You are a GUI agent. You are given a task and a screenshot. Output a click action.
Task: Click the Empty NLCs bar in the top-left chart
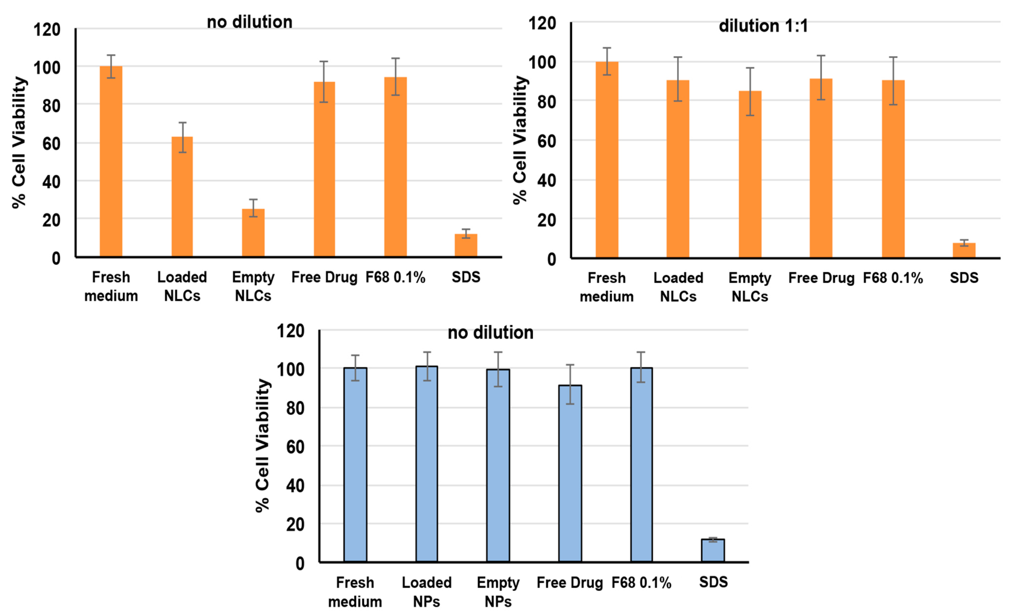[253, 233]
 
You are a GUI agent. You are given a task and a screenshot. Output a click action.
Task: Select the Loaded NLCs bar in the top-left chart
[182, 196]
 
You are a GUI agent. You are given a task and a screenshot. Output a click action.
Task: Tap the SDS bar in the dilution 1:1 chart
[964, 250]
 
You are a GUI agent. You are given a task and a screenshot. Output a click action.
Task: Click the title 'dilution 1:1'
[763, 26]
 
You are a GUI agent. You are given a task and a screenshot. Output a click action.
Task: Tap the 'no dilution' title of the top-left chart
[249, 22]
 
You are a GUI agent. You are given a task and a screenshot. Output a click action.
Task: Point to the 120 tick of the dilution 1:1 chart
[542, 23]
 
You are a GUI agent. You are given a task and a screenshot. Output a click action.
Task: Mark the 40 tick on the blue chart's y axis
[295, 486]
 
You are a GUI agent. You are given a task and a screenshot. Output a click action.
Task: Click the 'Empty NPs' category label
[498, 592]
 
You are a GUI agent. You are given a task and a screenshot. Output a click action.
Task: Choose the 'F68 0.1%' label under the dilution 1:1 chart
[893, 278]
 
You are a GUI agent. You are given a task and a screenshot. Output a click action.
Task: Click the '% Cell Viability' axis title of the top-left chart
[19, 143]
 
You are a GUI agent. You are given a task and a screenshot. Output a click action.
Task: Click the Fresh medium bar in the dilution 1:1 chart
[606, 160]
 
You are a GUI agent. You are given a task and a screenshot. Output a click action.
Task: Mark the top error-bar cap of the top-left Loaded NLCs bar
[182, 122]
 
